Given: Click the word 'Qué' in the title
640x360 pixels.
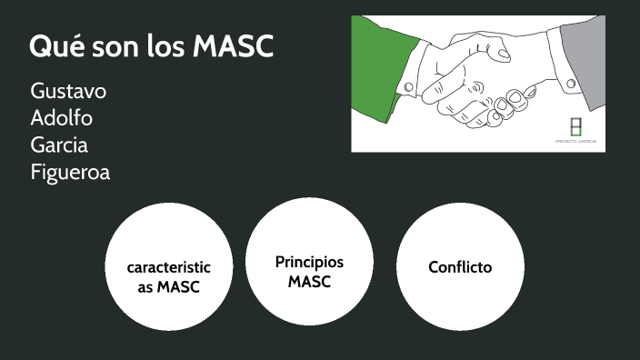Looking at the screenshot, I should click(55, 47).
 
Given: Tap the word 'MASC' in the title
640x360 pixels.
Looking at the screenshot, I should click(234, 47).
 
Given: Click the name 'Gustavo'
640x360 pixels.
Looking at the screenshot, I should click(68, 91).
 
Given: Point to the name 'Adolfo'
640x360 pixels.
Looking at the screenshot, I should click(61, 118).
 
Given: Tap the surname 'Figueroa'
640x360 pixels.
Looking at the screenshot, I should click(70, 172).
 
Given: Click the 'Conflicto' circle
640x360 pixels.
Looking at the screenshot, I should click(460, 266).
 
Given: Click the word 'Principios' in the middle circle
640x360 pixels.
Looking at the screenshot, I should click(309, 262).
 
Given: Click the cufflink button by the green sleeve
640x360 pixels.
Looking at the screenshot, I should click(409, 87).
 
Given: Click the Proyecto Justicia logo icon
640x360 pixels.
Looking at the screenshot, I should click(575, 126).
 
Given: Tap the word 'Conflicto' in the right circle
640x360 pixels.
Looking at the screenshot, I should click(460, 267).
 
